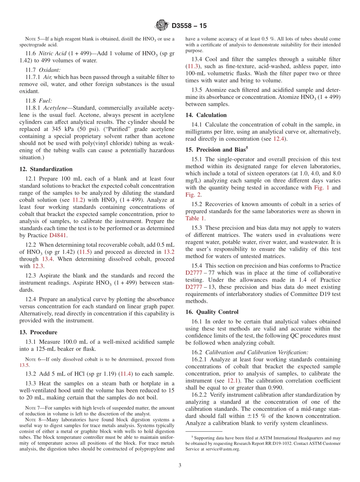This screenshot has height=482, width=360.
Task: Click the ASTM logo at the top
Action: (x=162, y=26)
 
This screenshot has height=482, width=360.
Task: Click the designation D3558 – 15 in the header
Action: (x=189, y=26)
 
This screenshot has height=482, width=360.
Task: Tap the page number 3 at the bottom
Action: (x=180, y=465)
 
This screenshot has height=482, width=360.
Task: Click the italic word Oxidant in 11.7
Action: (x=51, y=70)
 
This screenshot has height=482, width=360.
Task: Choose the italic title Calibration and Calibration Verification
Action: (x=257, y=352)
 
